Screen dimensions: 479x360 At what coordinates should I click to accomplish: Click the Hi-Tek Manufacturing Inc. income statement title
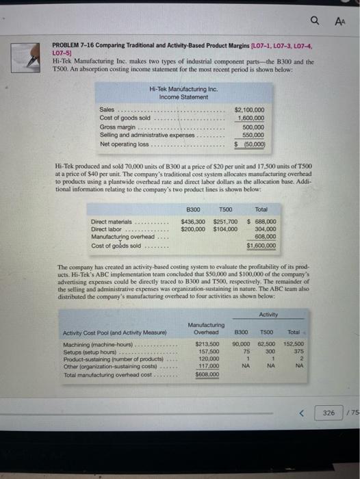pyautogui.click(x=173, y=92)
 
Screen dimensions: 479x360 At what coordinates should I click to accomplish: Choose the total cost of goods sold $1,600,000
pyautogui.click(x=261, y=245)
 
